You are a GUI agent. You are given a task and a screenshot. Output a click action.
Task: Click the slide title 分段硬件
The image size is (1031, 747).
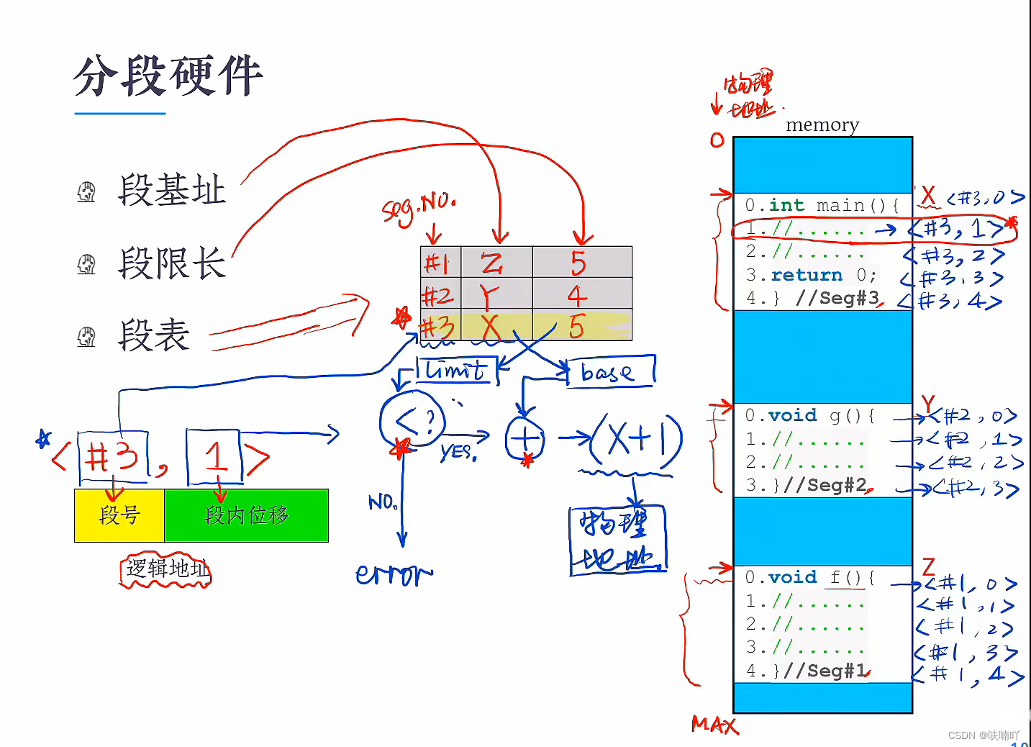click(x=168, y=76)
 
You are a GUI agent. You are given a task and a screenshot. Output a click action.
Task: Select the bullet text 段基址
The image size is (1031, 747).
click(x=172, y=191)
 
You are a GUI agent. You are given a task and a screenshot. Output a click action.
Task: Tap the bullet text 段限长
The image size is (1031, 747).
click(x=172, y=263)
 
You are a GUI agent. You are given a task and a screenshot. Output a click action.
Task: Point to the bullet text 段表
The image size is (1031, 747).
click(x=154, y=335)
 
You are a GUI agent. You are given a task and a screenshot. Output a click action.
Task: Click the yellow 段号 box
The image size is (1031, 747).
click(x=119, y=515)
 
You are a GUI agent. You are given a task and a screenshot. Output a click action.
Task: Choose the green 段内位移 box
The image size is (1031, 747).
click(x=247, y=515)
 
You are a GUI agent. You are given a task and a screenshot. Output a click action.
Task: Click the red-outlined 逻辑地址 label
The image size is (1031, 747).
click(x=166, y=570)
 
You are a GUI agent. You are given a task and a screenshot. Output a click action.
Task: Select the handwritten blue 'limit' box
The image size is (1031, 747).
click(x=456, y=371)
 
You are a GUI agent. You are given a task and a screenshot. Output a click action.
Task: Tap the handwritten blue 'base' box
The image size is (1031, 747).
click(x=610, y=372)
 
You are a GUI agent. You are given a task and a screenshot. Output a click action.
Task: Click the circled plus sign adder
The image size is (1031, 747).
click(x=525, y=438)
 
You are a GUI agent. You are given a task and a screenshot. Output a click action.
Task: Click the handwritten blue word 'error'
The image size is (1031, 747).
click(x=394, y=574)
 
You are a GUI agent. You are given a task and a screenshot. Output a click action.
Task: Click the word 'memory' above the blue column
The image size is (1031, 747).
click(x=822, y=125)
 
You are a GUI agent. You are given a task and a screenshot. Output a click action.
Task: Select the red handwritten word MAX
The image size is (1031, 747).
click(x=714, y=725)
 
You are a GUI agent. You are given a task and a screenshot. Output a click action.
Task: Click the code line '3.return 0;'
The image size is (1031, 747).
click(x=811, y=275)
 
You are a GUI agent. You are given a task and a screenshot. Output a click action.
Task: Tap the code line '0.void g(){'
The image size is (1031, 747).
click(x=809, y=415)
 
